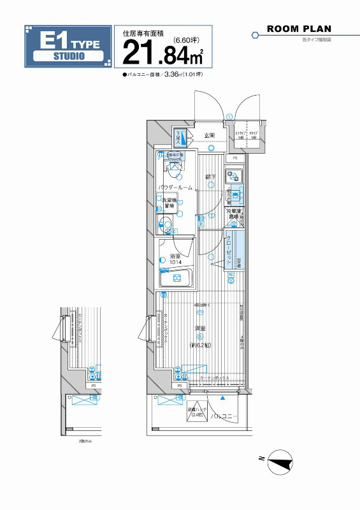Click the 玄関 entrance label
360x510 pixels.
click(x=210, y=136)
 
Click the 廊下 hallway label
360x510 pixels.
click(x=209, y=177)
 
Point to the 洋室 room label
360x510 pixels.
click(x=199, y=328)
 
